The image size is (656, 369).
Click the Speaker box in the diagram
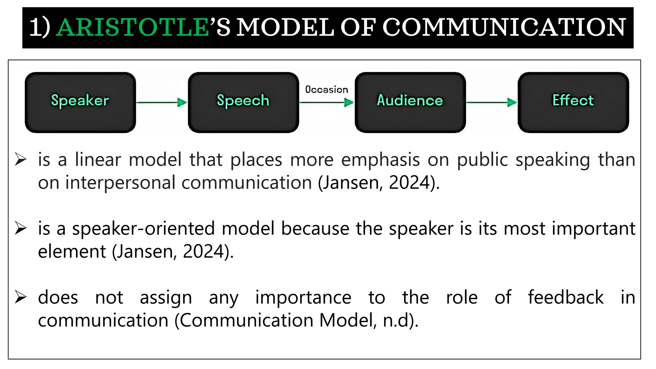[80, 102]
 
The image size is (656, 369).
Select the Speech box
[243, 102]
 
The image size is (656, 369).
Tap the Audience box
[410, 102]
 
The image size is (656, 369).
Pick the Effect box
[573, 102]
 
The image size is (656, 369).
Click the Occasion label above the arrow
[326, 90]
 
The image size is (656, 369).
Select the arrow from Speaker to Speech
[161, 102]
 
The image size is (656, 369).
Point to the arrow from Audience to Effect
[491, 102]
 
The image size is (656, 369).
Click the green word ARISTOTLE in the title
[132, 28]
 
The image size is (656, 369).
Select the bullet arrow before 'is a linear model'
[20, 159]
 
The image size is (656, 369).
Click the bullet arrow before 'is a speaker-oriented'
[20, 228]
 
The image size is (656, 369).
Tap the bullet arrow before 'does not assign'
[20, 297]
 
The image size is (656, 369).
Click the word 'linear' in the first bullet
[98, 160]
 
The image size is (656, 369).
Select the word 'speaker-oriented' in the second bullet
[143, 229]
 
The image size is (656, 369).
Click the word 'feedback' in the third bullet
[566, 298]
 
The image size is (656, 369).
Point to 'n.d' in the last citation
[395, 320]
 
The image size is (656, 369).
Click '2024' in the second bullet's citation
[203, 252]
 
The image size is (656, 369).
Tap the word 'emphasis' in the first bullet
[380, 160]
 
